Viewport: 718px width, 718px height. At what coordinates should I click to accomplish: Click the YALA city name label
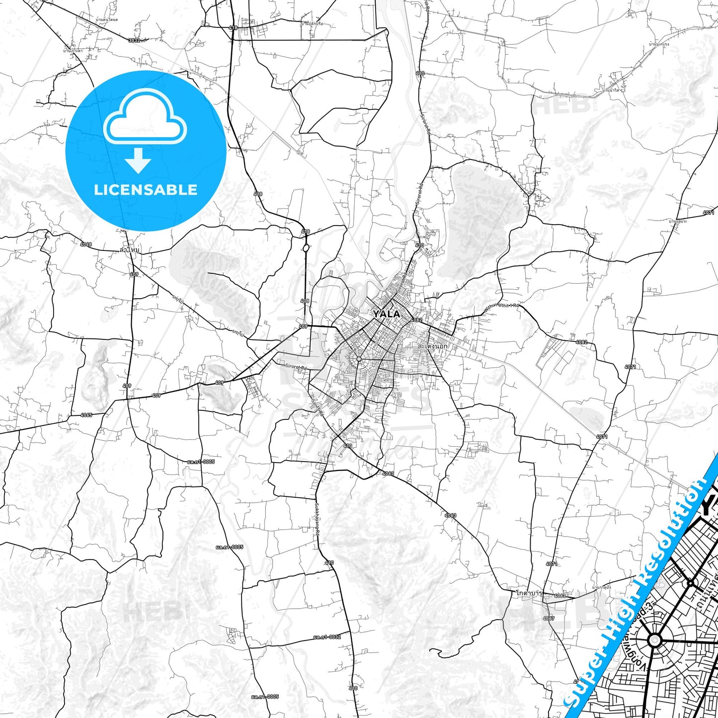[x=387, y=314]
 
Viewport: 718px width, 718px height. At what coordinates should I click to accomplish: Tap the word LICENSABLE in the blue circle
[x=146, y=190]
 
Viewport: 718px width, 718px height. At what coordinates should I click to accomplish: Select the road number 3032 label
[x=134, y=41]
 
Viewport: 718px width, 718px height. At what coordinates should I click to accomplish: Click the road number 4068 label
[x=86, y=244]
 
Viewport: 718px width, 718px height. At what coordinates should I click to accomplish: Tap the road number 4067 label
[x=549, y=618]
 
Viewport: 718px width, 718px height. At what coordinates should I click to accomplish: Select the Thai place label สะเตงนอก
[x=432, y=345]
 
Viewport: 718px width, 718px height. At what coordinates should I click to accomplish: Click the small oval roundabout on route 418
[x=306, y=247]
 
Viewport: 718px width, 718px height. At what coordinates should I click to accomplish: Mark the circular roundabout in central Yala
[x=358, y=359]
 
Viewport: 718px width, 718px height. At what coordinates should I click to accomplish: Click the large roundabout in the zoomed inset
[x=655, y=640]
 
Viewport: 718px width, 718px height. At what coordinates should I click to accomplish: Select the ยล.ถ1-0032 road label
[x=327, y=637]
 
